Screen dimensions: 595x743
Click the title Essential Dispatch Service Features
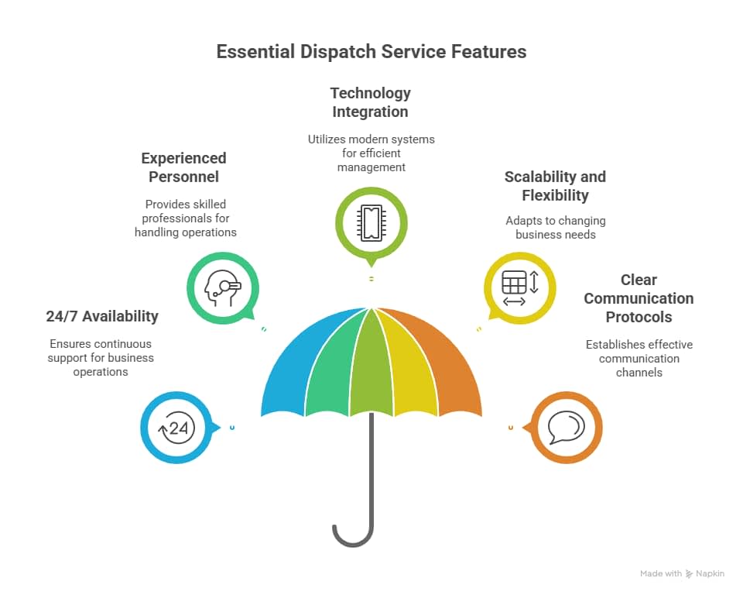(371, 52)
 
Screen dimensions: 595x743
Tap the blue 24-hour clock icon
(177, 428)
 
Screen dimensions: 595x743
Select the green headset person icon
(222, 288)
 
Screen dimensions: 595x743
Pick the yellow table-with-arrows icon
(519, 288)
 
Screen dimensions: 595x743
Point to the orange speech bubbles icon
(566, 428)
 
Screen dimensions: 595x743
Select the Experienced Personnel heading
(184, 167)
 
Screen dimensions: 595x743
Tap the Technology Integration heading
(371, 102)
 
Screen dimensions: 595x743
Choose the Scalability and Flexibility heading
(555, 186)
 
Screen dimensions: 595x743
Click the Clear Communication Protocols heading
(639, 298)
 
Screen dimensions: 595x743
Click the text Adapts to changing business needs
(555, 228)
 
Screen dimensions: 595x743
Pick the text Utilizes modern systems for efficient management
(371, 153)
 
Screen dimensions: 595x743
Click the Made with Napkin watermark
(682, 573)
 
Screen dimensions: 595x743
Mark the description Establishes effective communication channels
(639, 358)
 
